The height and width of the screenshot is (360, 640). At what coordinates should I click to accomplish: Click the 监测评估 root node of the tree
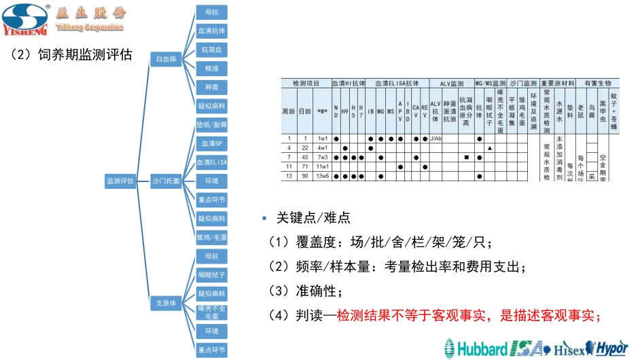[x=120, y=181]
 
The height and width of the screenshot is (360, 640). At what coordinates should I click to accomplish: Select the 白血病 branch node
[x=165, y=60]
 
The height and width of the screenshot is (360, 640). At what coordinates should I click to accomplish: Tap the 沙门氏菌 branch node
[x=166, y=181]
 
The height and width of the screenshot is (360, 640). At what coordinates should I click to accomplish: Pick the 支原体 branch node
[x=165, y=303]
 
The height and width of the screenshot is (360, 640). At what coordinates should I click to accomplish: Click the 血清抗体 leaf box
[x=211, y=31]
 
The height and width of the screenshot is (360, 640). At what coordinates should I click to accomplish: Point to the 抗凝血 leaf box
[x=211, y=50]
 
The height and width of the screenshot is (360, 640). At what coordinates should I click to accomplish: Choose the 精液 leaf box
[x=211, y=69]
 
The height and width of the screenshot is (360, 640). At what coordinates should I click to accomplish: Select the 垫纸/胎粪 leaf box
[x=211, y=125]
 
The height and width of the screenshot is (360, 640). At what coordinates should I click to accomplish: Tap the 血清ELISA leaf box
[x=211, y=162]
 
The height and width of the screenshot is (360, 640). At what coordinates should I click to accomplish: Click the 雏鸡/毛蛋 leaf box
[x=211, y=238]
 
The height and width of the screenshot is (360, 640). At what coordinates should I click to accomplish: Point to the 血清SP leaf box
[x=211, y=144]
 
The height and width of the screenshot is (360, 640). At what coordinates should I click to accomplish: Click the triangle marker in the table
[x=489, y=148]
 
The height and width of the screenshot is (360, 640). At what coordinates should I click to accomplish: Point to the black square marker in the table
[x=467, y=158]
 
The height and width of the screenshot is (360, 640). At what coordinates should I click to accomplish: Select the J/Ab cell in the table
[x=435, y=139]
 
